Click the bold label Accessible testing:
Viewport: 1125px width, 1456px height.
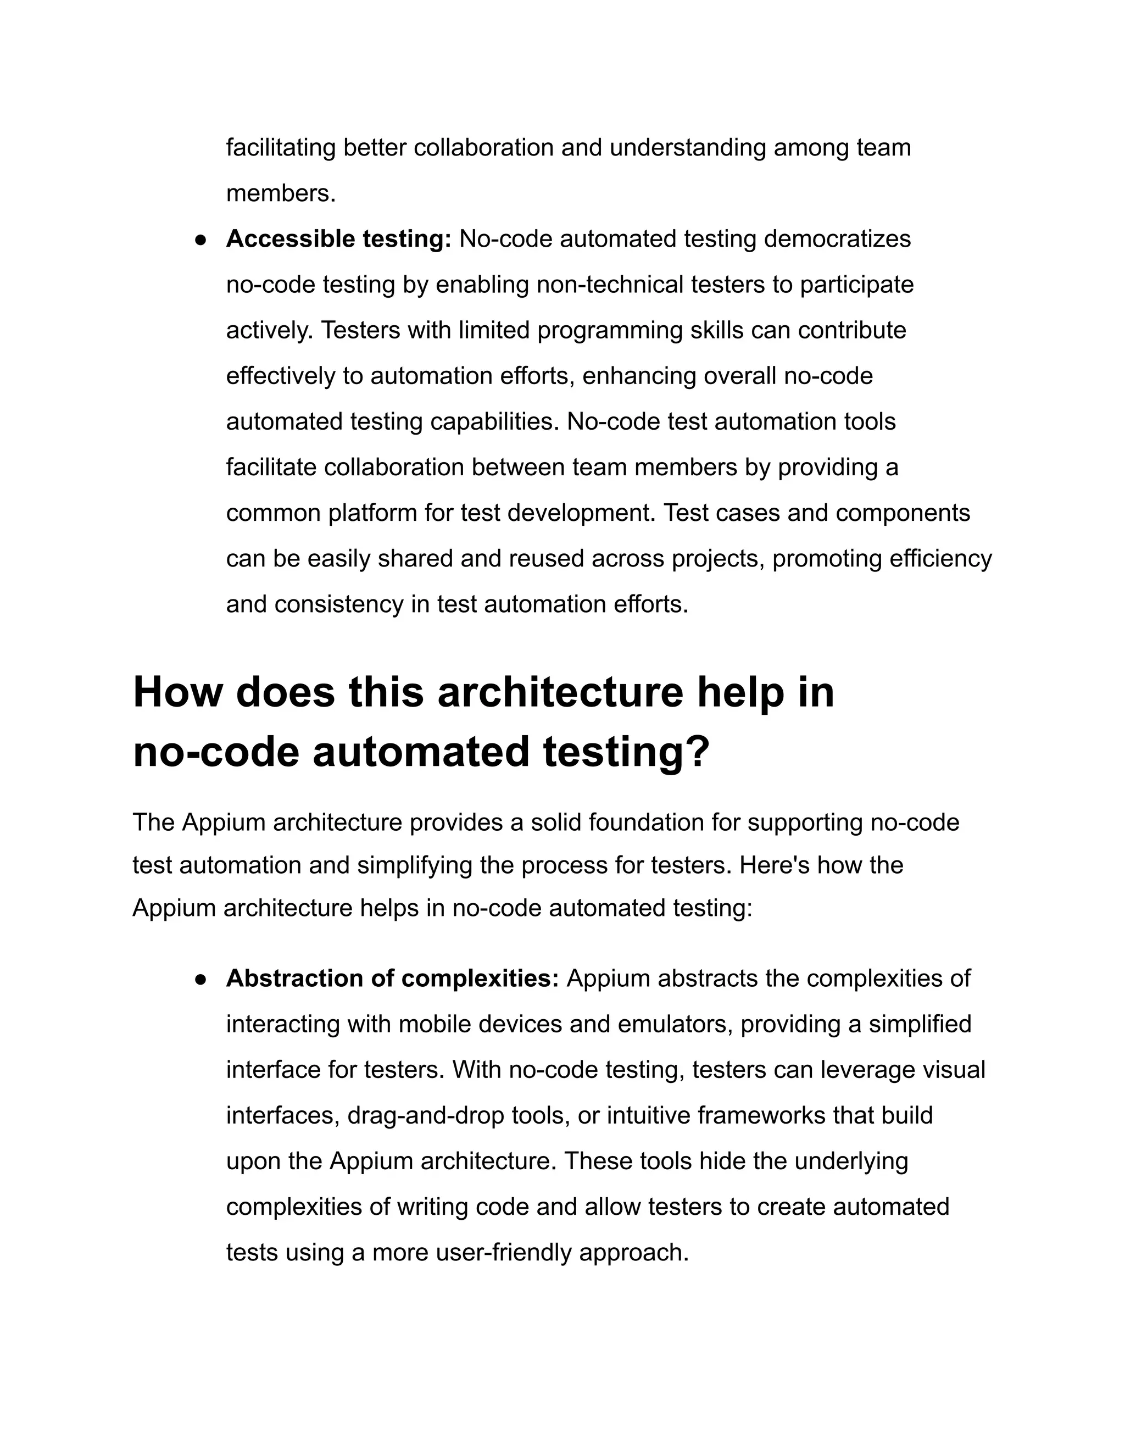coord(338,238)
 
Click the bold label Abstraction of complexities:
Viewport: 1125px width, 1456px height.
coord(392,978)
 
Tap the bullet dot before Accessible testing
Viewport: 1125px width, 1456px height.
coord(199,240)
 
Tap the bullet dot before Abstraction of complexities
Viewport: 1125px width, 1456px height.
coord(199,979)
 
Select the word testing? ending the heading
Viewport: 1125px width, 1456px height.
coord(626,752)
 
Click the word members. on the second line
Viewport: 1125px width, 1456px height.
coord(281,193)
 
